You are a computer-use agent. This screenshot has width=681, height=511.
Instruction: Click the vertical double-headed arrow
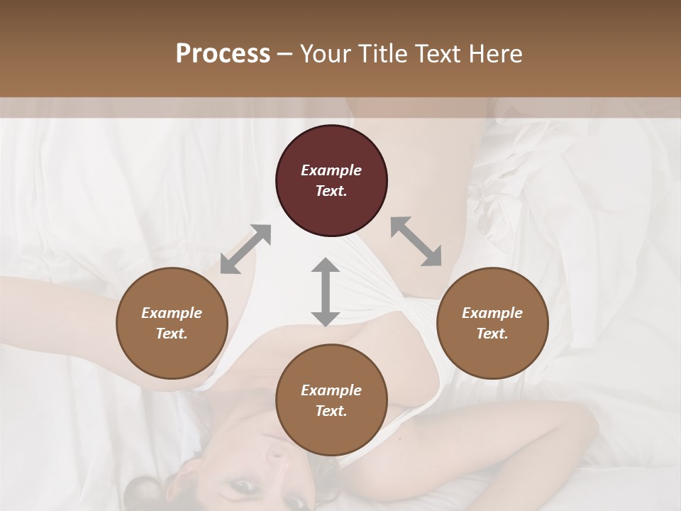coord(326,292)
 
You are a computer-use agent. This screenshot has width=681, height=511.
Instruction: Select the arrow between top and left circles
coord(245,249)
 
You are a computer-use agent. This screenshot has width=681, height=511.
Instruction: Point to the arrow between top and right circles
coord(416,241)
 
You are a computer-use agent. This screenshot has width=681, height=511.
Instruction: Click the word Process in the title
coord(223,53)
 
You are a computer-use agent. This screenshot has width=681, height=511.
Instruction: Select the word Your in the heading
coord(326,53)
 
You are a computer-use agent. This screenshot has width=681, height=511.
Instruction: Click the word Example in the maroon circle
coord(331,170)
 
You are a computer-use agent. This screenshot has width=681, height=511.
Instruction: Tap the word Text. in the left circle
coord(172,334)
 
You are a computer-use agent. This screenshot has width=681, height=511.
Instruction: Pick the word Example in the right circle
coord(492,313)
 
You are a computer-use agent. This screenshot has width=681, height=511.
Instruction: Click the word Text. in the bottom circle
coord(331,411)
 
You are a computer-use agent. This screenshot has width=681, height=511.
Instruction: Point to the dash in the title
coord(285,54)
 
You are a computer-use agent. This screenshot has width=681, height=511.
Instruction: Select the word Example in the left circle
coord(172,313)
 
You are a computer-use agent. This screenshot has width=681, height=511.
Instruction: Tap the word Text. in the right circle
coord(492,334)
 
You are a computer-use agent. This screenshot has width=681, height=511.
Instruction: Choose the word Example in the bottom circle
coord(331,390)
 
